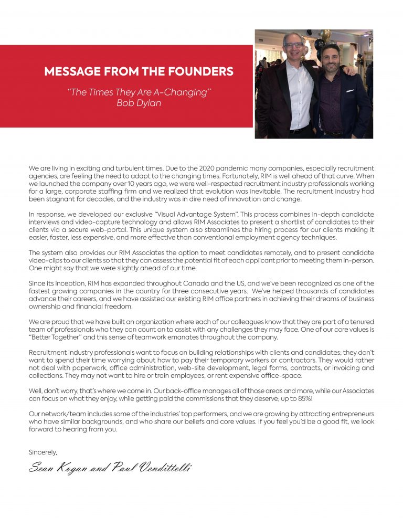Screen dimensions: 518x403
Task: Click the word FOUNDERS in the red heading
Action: [x=198, y=72]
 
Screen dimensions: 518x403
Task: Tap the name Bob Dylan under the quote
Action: [x=139, y=102]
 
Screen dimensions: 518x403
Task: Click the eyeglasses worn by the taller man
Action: [x=294, y=45]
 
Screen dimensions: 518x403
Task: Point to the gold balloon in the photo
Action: [x=326, y=35]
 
